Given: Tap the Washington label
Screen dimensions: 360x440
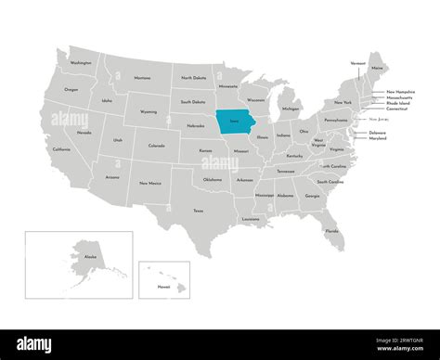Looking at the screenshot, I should (81, 63).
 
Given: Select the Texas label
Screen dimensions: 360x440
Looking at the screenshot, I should (198, 211).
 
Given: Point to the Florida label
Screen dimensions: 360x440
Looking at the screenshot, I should (331, 230).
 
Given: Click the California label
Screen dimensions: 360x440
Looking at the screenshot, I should (61, 149).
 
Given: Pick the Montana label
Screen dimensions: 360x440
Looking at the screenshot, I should (142, 78).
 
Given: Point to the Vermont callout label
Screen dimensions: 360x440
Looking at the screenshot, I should (357, 63).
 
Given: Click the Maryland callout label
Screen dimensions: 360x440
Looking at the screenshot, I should (378, 138).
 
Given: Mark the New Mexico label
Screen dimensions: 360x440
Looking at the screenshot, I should (149, 183).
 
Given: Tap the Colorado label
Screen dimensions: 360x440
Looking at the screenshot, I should (156, 145).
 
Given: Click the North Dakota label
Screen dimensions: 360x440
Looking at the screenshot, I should (194, 78).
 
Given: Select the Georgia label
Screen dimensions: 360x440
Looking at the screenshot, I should (312, 196).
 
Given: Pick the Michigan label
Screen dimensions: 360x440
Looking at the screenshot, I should (291, 109).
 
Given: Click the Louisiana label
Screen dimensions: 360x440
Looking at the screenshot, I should (251, 219).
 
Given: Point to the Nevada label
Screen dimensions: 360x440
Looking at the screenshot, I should (84, 133).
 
